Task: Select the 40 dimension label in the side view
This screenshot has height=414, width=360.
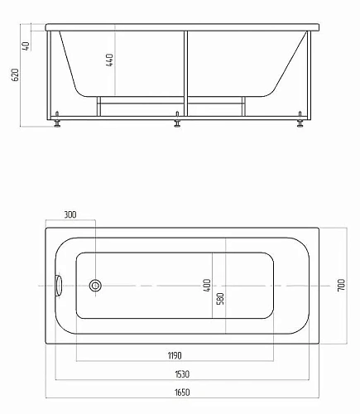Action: click(x=27, y=46)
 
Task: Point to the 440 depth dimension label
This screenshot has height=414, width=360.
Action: click(x=110, y=60)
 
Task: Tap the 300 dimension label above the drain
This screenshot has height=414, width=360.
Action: click(x=70, y=215)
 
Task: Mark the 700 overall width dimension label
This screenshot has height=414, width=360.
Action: click(x=340, y=286)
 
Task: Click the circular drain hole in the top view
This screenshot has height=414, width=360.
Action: click(x=95, y=286)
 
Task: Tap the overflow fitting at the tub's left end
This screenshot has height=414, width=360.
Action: click(x=58, y=286)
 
